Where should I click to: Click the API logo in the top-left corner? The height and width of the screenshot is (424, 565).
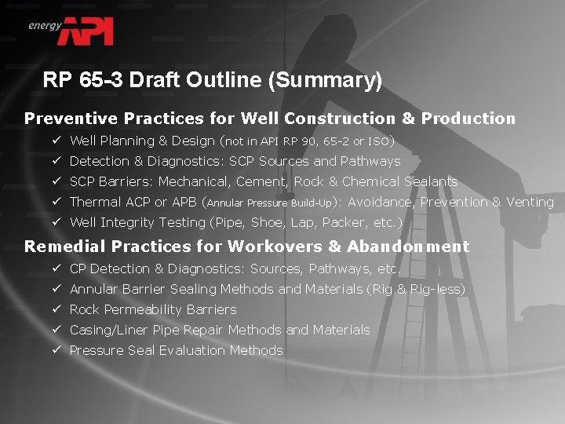tap(88, 31)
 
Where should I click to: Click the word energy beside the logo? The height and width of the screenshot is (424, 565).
tap(45, 25)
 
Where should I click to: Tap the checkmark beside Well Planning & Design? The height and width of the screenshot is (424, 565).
tap(57, 141)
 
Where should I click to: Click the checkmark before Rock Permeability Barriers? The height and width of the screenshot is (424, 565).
tap(57, 309)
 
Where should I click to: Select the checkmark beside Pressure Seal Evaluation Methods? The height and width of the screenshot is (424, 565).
tap(57, 350)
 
